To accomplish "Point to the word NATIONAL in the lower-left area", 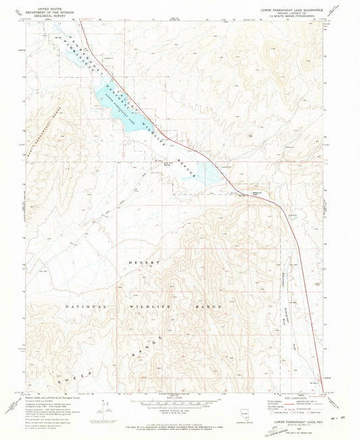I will pyautogui.click(x=86, y=306).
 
